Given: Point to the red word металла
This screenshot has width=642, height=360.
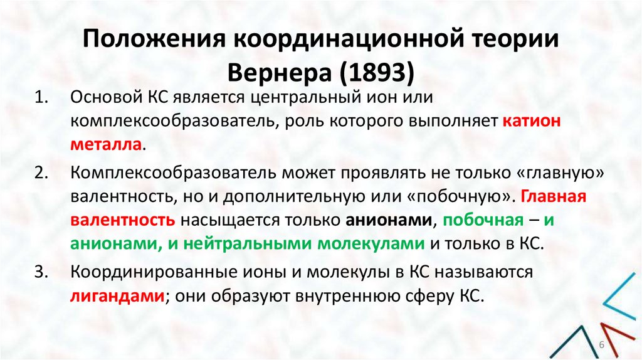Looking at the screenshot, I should pos(107,144).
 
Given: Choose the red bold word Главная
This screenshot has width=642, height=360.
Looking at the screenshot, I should pos(552,196).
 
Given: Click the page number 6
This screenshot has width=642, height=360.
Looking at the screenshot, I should pos(601,346).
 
